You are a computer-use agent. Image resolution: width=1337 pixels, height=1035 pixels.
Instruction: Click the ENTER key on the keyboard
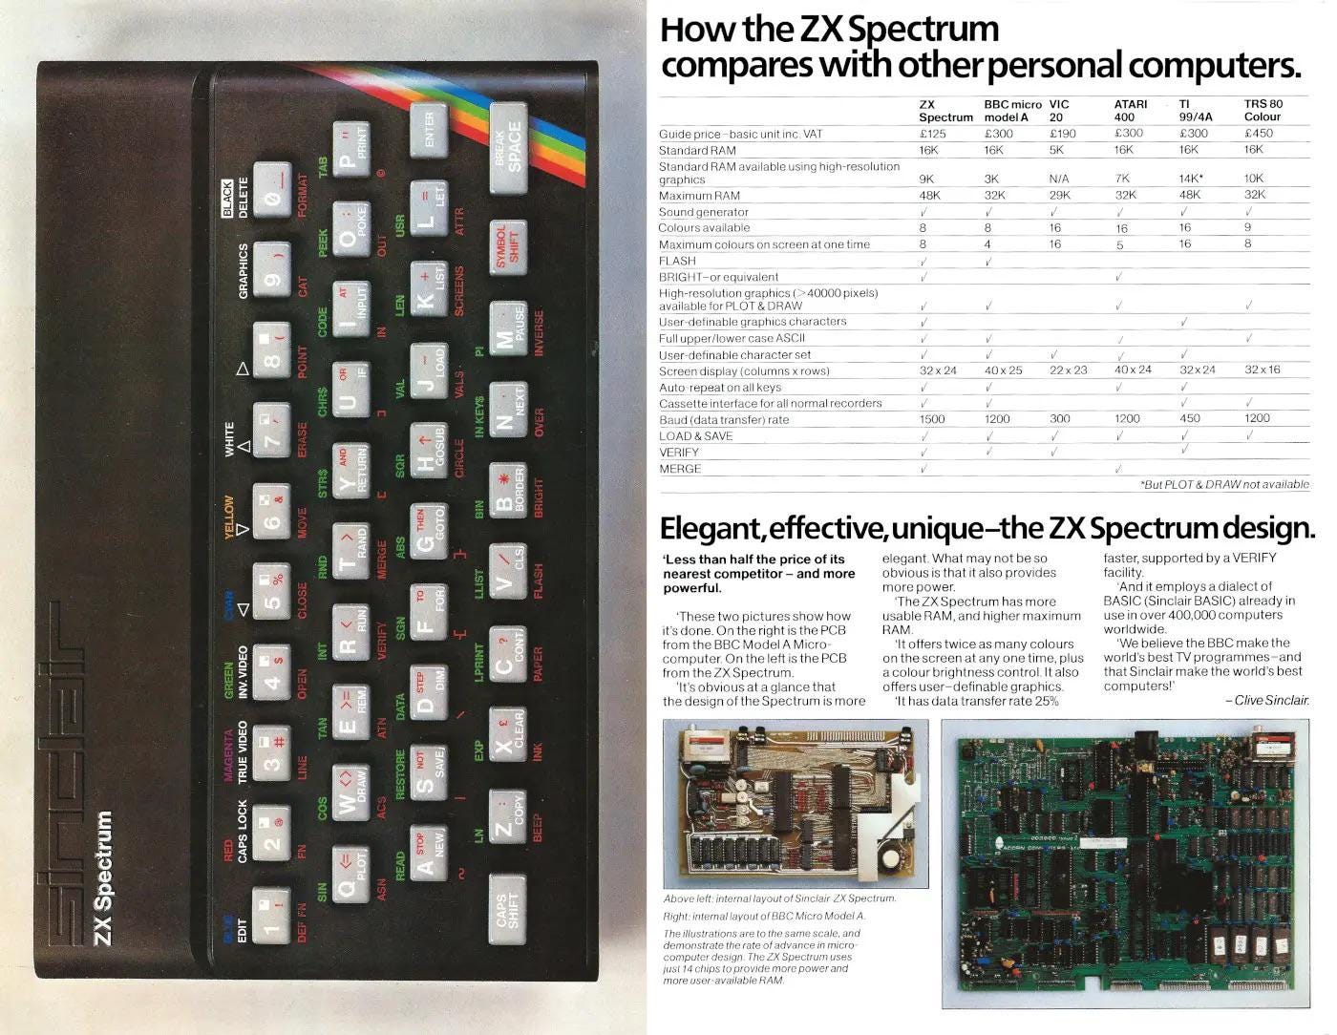pyautogui.click(x=429, y=129)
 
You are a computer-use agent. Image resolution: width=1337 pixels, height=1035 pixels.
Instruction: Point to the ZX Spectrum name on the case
pyautogui.click(x=103, y=877)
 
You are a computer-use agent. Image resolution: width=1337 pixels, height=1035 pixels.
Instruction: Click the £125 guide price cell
pyautogui.click(x=932, y=134)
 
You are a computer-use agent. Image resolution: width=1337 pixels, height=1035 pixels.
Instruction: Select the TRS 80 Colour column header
pyautogui.click(x=1263, y=110)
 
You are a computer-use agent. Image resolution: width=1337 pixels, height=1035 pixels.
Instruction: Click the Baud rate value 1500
pyautogui.click(x=932, y=419)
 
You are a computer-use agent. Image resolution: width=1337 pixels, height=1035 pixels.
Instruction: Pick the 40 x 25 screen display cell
pyautogui.click(x=1003, y=370)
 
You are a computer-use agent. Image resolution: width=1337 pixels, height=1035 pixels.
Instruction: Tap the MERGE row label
pyautogui.click(x=680, y=469)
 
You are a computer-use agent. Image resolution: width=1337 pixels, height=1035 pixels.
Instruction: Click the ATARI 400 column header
pyautogui.click(x=1131, y=110)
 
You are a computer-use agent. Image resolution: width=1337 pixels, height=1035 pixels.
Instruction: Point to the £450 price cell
pyautogui.click(x=1259, y=134)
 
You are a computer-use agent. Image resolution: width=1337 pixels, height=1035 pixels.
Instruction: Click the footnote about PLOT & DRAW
pyautogui.click(x=1224, y=485)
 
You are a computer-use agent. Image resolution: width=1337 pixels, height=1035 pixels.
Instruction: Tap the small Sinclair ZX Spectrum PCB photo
pyautogui.click(x=795, y=803)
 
